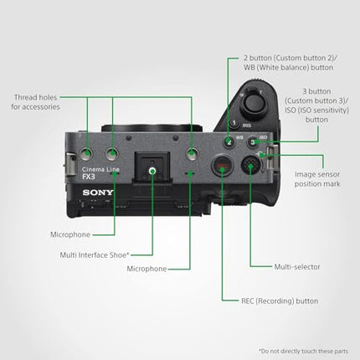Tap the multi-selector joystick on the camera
250,167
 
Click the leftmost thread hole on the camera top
88,152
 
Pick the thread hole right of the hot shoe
193,152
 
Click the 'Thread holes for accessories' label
35,102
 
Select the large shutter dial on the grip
254,105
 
